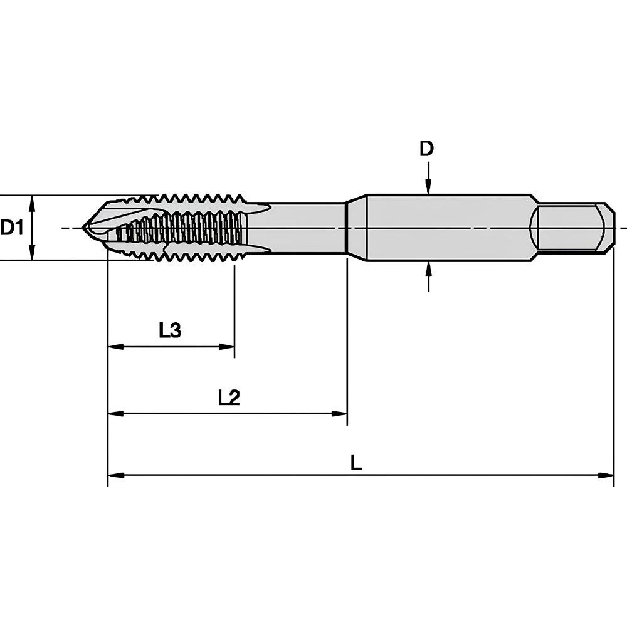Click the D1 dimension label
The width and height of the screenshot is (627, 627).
point(12,228)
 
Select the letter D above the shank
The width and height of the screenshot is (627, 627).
point(427,149)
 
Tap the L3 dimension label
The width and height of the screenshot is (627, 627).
point(170,330)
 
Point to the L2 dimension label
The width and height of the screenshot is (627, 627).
point(229,398)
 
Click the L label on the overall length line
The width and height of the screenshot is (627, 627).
point(356,463)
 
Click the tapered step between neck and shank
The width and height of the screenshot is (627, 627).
point(357,228)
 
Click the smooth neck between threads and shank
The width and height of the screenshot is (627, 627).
point(301,228)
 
